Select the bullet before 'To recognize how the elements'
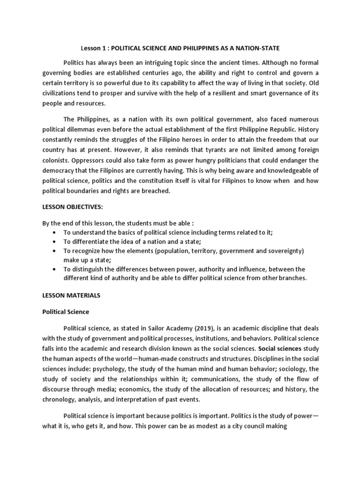[56, 251]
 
